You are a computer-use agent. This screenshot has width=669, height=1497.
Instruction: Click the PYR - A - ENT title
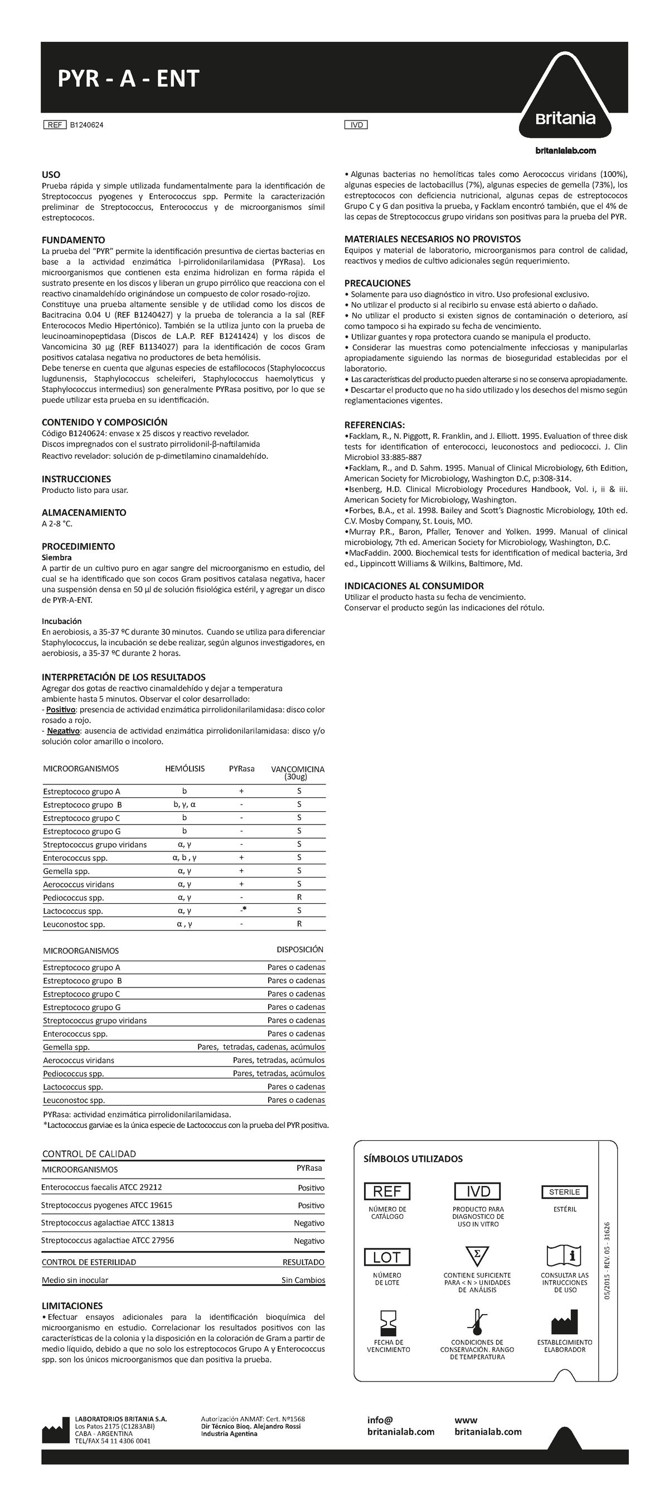click(128, 79)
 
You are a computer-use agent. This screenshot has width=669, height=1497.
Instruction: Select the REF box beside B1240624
click(55, 125)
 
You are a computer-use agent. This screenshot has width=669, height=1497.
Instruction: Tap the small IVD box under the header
click(356, 125)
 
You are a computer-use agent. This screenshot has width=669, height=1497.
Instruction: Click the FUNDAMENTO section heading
click(73, 240)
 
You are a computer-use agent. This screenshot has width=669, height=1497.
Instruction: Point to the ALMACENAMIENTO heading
click(84, 512)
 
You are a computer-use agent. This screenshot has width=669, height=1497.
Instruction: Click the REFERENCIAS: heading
click(374, 425)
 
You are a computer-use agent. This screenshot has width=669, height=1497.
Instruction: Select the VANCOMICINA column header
click(298, 772)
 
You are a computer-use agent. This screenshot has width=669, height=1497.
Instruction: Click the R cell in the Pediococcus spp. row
click(299, 897)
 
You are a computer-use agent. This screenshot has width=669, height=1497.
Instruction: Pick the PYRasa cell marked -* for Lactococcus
click(243, 910)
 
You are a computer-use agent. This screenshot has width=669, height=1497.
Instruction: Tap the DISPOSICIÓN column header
click(300, 949)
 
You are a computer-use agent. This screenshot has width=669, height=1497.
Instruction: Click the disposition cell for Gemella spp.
click(261, 1047)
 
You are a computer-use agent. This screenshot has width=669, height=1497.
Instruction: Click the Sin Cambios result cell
click(303, 1280)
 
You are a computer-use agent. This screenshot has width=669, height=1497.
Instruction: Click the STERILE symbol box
click(564, 1192)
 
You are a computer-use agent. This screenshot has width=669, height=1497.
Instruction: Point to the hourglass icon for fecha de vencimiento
click(387, 1322)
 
